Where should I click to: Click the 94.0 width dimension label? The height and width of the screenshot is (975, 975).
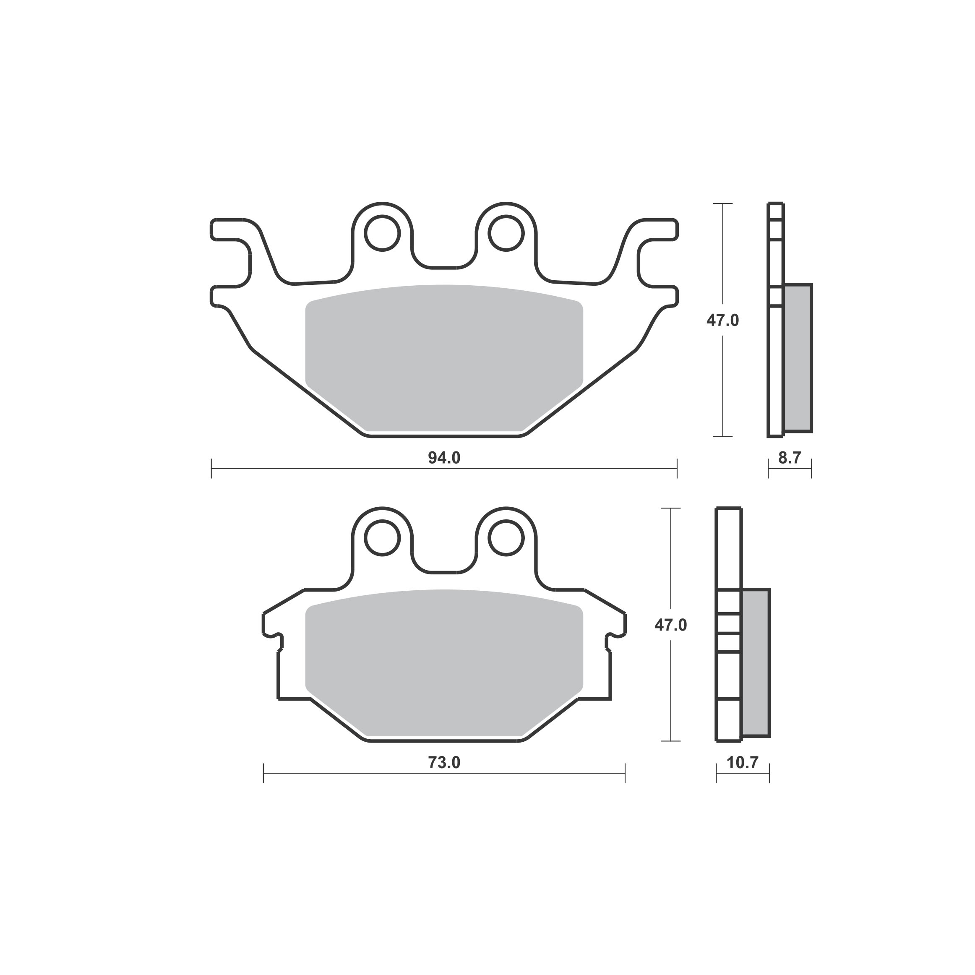(x=444, y=458)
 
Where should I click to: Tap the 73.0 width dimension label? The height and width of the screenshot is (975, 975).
(x=444, y=763)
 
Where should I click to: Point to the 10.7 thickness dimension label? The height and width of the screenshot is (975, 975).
(x=742, y=763)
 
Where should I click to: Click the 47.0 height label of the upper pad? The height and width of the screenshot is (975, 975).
(x=723, y=320)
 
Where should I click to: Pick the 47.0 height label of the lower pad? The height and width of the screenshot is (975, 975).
(x=671, y=625)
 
